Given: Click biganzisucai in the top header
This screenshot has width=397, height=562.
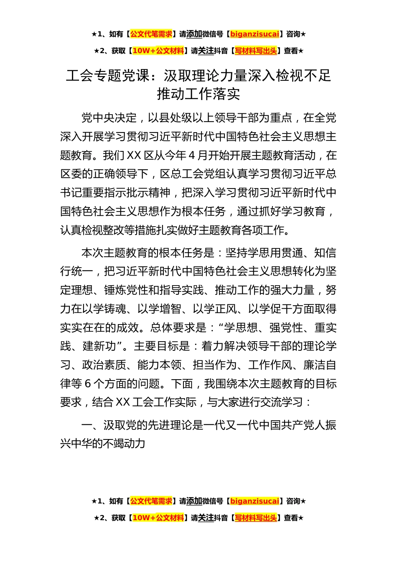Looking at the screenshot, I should [254, 34].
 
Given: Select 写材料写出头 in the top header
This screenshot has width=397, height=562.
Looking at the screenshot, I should [256, 51].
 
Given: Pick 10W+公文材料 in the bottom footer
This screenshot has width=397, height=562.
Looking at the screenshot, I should [158, 518].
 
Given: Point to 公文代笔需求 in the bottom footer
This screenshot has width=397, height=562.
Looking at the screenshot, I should [151, 501].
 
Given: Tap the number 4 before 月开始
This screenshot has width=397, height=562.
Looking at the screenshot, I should [192, 156].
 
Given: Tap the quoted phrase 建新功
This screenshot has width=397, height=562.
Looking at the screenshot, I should [99, 346].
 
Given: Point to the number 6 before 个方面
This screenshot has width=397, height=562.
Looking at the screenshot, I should [88, 384].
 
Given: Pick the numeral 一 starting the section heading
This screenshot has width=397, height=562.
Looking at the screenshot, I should [87, 425].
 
